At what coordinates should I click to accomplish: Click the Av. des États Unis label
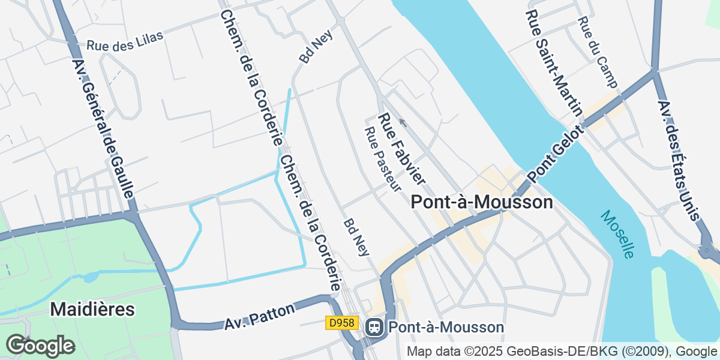click(x=679, y=160)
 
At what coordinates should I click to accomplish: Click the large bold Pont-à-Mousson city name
click(x=482, y=202)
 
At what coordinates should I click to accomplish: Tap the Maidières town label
click(x=92, y=309)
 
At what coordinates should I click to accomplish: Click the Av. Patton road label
click(x=260, y=317)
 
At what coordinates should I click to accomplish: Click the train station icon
click(x=374, y=327)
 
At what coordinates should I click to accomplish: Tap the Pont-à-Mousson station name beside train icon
click(x=446, y=327)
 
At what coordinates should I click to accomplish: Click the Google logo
click(x=40, y=346)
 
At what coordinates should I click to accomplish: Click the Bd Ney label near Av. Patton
click(x=356, y=236)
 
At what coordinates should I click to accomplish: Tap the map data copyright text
click(x=562, y=351)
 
